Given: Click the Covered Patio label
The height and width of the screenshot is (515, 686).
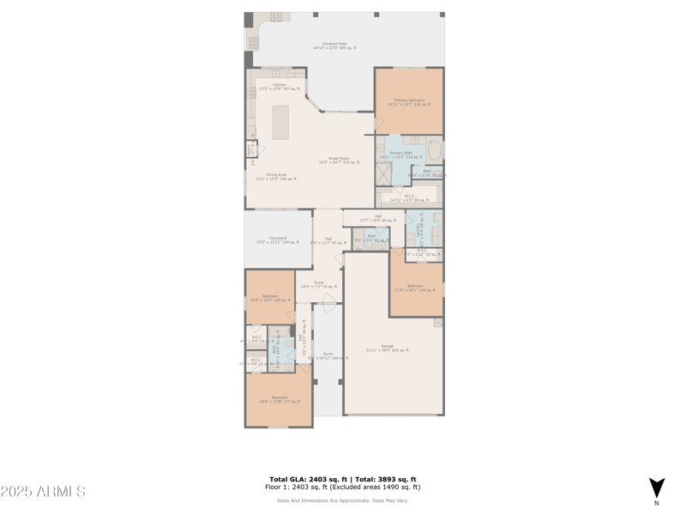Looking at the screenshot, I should pos(334,45).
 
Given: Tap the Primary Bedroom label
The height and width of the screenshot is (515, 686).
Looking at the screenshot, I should pos(409,102).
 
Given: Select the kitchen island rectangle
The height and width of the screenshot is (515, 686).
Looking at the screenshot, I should pos(280,122).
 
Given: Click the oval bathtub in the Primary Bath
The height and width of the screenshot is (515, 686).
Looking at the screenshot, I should pos(435,152).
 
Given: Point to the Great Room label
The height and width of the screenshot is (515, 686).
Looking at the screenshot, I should pos(340,161).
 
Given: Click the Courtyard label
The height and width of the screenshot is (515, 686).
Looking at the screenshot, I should pos(277,240).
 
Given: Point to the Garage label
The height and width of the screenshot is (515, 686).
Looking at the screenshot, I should pos(387,348).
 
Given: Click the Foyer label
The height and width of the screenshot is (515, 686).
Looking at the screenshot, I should pos(318,284).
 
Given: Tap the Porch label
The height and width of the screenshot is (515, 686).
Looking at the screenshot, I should pos(328,355).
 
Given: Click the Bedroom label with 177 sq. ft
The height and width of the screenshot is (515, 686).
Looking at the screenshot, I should pos(280,399).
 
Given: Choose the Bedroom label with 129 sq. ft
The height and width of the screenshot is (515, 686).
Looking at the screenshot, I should pos(269,298).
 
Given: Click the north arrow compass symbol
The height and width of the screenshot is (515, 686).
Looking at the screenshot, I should pos(657,488).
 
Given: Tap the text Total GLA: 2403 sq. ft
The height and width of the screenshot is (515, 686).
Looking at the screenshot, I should pos(306,479).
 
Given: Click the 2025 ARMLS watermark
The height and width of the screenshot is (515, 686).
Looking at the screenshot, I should pos(43,492).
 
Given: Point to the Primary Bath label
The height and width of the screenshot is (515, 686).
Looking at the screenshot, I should pos(401,155).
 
